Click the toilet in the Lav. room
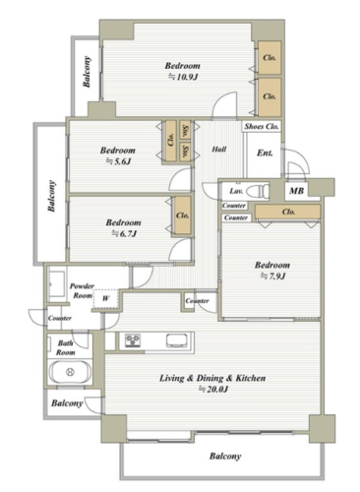[x=258, y=191]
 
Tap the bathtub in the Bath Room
[x=70, y=372]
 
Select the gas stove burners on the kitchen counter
[x=133, y=340]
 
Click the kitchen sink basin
[x=177, y=340]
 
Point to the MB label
[x=296, y=191]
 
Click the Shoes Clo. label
[x=262, y=126]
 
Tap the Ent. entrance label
[x=265, y=153]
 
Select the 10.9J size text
[x=183, y=77]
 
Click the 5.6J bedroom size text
[x=118, y=161]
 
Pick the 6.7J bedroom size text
[x=124, y=233]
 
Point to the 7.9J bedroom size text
[x=272, y=277]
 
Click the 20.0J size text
[x=213, y=390]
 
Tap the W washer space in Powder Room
[x=105, y=298]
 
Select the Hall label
[x=219, y=150]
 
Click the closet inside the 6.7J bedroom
[x=183, y=215]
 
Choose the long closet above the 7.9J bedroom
[x=288, y=212]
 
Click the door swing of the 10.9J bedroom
[x=224, y=104]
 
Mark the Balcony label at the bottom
[x=225, y=457]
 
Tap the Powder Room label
[x=82, y=291]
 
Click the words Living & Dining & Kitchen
[x=212, y=378]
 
